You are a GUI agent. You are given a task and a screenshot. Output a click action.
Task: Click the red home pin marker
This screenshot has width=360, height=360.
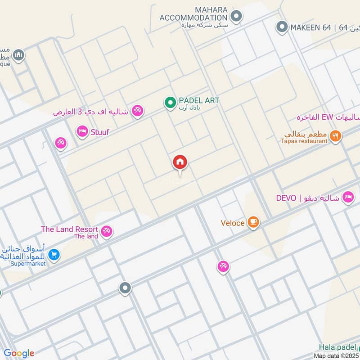click(x=180, y=162)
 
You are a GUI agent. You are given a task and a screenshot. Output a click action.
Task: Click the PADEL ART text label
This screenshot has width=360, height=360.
click(x=198, y=100)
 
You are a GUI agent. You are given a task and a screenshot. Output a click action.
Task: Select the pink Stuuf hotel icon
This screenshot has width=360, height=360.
click(x=82, y=131)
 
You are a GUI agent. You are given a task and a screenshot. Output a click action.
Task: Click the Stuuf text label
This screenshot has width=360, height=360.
click(x=100, y=132)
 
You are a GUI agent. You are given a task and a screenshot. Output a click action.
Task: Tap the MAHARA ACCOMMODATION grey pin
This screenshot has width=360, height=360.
click(x=236, y=17)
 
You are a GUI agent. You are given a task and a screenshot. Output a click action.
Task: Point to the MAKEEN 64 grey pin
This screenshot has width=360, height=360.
click(x=282, y=27)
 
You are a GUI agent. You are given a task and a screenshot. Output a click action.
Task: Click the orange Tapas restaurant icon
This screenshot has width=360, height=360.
click(x=335, y=135)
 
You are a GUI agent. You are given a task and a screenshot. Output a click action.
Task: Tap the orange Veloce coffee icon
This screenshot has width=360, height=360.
click(x=254, y=222)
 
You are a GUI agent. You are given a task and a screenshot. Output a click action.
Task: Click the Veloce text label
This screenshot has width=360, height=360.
click(x=233, y=223)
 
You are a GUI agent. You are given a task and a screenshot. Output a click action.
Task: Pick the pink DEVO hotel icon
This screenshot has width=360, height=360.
click(x=348, y=197)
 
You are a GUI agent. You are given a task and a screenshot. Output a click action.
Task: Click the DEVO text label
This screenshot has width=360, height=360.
click(x=286, y=198)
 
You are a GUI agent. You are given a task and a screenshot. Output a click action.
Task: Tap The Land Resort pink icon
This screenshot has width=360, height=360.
click(x=106, y=231)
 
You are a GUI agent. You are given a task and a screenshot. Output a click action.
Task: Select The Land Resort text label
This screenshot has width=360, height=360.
click(x=69, y=229)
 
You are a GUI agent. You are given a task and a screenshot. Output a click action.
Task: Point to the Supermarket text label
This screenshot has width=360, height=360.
click(x=28, y=264)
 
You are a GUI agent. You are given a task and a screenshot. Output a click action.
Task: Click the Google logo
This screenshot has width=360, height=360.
click(x=18, y=353)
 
